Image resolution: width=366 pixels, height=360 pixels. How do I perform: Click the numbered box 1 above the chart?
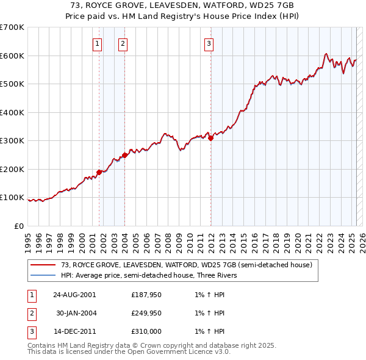[x=98, y=43]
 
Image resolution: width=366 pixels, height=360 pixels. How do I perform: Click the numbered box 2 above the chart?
[x=123, y=43]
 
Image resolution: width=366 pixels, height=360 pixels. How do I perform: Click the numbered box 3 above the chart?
[x=209, y=43]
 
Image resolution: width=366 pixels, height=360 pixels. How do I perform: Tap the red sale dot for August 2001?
[x=99, y=172]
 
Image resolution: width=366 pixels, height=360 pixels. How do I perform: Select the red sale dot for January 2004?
[x=125, y=155]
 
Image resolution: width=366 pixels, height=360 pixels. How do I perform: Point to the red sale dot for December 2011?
[x=211, y=139]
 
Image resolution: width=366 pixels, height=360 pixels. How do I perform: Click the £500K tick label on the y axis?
[x=12, y=84]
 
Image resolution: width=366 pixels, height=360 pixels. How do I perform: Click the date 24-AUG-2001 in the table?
[x=74, y=294]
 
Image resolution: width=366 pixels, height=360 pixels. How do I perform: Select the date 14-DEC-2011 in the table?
[x=74, y=332]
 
